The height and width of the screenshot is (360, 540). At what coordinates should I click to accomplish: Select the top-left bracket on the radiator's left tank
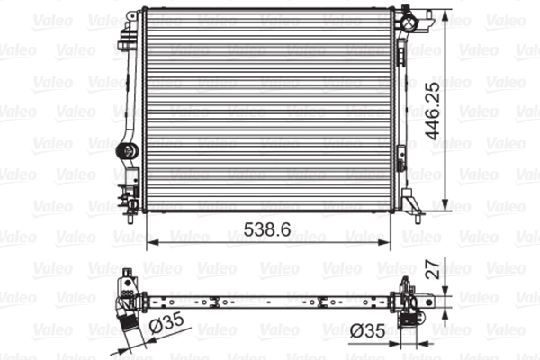coord(125,36)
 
